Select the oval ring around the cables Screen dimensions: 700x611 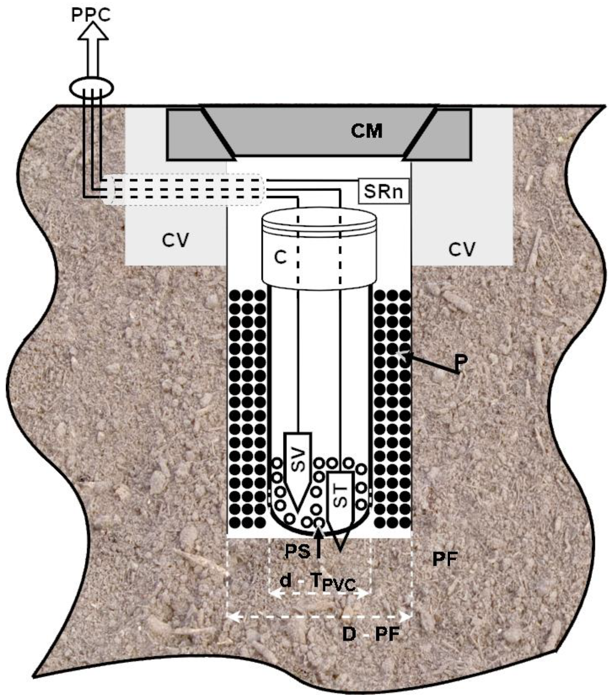(x=91, y=87)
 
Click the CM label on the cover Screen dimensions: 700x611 (x=367, y=131)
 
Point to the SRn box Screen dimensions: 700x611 (x=383, y=191)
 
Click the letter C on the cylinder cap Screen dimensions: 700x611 (x=280, y=258)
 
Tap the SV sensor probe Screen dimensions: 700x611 (x=298, y=467)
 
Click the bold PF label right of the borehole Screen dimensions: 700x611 (x=445, y=559)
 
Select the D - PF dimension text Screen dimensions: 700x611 (x=371, y=634)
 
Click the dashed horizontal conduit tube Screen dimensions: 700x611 (x=184, y=190)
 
